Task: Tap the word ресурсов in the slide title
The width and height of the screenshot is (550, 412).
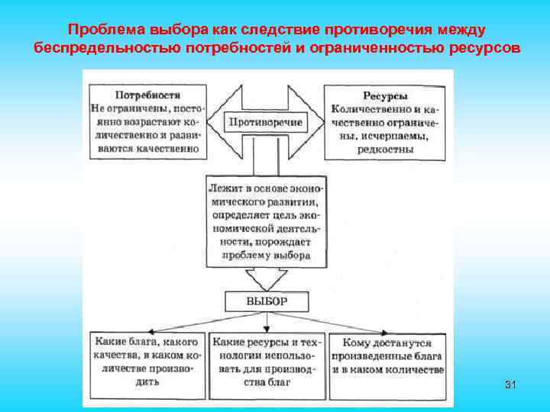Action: (x=484, y=47)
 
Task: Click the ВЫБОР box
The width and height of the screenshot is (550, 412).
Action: (x=266, y=301)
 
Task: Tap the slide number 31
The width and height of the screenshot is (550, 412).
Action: (x=510, y=385)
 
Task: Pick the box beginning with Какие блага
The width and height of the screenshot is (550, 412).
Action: (x=147, y=362)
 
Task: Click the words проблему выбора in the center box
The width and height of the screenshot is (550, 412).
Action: (x=266, y=256)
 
